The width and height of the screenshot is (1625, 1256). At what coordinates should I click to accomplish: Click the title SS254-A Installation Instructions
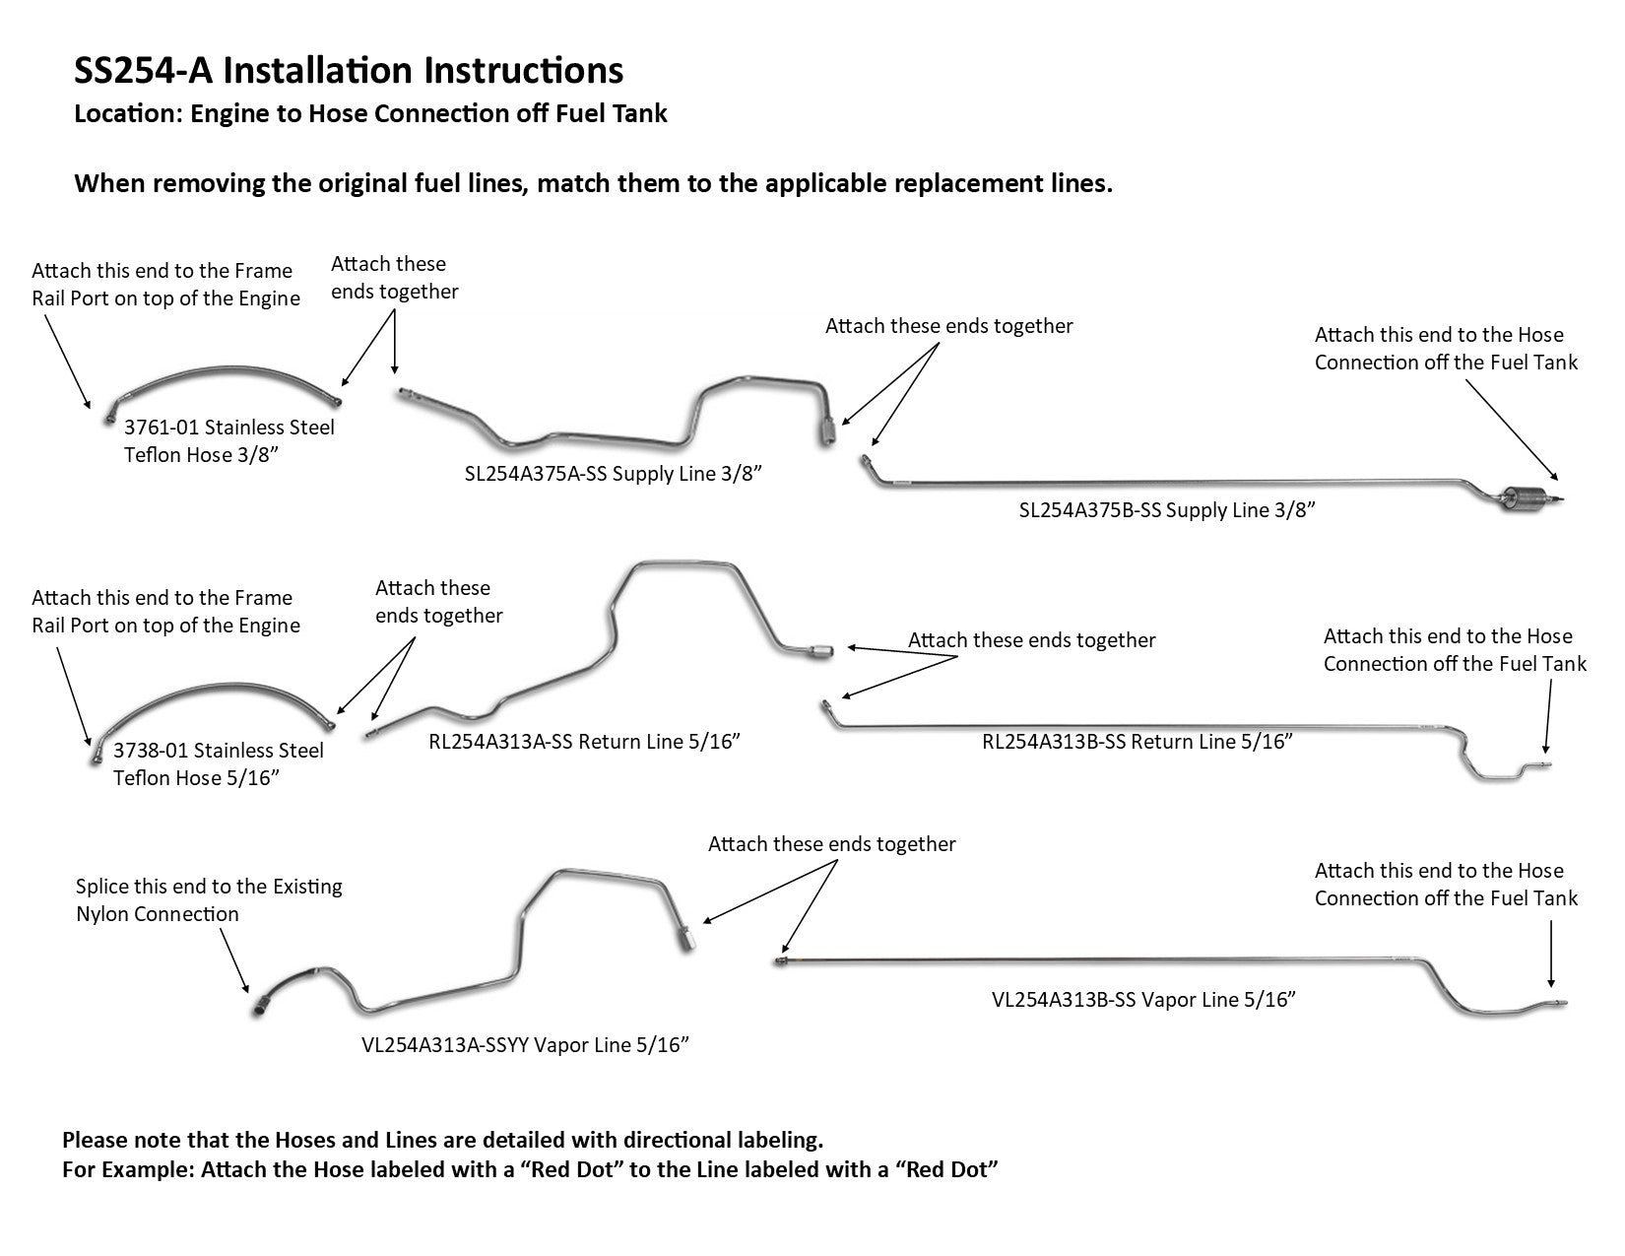tap(349, 71)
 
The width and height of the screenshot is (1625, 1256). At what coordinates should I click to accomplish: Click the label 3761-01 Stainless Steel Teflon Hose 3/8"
tap(228, 441)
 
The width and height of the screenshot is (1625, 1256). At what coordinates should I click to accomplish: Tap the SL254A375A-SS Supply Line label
tap(614, 474)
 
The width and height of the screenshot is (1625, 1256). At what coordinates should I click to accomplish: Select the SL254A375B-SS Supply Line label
tap(1167, 510)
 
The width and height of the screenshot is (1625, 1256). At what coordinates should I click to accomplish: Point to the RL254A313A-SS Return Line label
tap(584, 742)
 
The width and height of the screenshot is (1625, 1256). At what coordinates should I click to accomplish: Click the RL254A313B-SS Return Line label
tap(1137, 742)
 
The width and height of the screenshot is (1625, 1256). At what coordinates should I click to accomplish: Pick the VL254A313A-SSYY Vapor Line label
tap(524, 1045)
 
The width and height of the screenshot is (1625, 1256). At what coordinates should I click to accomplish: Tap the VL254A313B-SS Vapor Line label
tap(1142, 1000)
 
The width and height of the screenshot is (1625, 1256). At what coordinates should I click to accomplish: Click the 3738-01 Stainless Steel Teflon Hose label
tap(218, 764)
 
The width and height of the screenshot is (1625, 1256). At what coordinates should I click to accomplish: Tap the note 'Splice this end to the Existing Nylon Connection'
tap(209, 900)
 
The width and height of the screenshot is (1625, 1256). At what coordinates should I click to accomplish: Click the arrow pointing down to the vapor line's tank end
tap(1551, 954)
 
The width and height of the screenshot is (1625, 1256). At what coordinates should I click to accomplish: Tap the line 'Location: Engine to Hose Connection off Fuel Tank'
tap(370, 114)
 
